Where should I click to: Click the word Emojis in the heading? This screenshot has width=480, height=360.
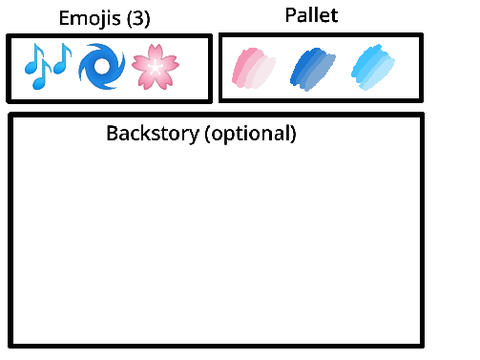[x=90, y=18]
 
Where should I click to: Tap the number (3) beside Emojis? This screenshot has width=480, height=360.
[x=138, y=18]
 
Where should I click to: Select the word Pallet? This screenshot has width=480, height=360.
[x=312, y=15]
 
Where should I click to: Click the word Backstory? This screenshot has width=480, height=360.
[x=153, y=133]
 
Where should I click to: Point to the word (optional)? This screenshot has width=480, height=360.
[x=250, y=134]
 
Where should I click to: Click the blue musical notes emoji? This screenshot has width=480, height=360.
[x=48, y=66]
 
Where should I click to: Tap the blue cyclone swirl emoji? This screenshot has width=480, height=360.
[x=102, y=66]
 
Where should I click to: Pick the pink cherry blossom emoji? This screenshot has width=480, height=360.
[x=155, y=67]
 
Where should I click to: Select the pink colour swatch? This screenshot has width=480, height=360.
[x=254, y=68]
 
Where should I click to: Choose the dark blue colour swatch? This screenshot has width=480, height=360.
[x=313, y=69]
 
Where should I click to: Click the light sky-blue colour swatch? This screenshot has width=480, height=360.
[x=373, y=67]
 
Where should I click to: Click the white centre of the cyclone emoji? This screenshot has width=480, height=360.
[x=101, y=65]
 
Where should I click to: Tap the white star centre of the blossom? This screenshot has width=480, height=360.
[x=155, y=68]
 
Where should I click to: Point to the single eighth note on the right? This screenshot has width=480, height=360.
[x=62, y=58]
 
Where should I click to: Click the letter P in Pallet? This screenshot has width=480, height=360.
[x=290, y=15]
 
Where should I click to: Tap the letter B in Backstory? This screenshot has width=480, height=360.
[x=112, y=133]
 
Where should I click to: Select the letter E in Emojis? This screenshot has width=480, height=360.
[x=64, y=18]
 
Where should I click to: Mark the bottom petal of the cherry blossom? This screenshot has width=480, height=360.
[x=155, y=82]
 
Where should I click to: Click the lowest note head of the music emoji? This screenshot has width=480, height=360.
[x=39, y=84]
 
